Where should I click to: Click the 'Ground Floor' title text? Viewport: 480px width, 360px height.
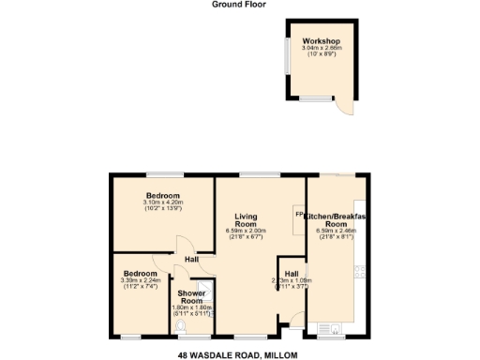(x=239, y=5)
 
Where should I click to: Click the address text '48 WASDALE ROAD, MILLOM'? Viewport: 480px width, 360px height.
(x=239, y=354)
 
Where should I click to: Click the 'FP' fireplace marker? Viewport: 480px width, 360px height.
(x=298, y=215)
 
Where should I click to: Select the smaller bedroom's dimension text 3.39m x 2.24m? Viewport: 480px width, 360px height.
(x=142, y=280)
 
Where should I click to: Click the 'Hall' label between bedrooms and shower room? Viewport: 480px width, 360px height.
(x=191, y=259)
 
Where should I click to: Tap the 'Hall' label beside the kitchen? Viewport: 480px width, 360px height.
(x=292, y=272)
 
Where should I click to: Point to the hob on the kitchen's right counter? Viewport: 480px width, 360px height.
(x=357, y=273)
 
